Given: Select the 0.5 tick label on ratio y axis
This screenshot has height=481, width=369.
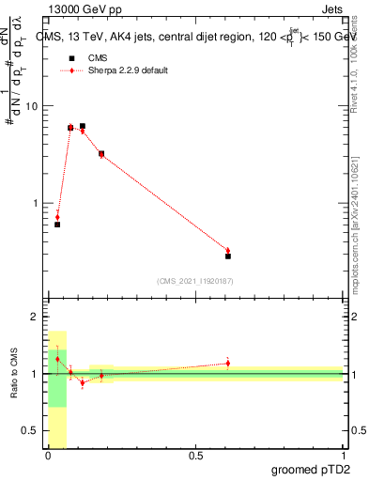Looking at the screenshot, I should (30, 430).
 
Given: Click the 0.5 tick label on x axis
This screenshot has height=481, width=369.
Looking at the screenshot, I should (195, 456).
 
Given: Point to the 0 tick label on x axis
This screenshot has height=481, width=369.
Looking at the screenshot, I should (47, 456).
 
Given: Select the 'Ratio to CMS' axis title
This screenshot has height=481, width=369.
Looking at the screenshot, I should (14, 374).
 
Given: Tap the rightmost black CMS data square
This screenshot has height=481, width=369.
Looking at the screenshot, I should (228, 256).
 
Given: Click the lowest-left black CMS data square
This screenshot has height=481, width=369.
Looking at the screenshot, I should (57, 225).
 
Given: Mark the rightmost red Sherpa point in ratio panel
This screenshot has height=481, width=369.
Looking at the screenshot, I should (228, 363).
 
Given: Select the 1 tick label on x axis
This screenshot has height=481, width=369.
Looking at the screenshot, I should (343, 456).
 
